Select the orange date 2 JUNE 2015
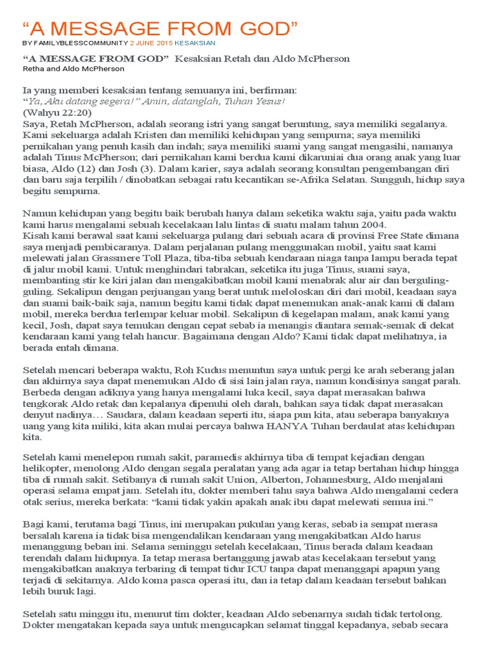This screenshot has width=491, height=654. coord(152,43)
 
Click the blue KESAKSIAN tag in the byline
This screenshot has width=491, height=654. coord(196,43)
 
